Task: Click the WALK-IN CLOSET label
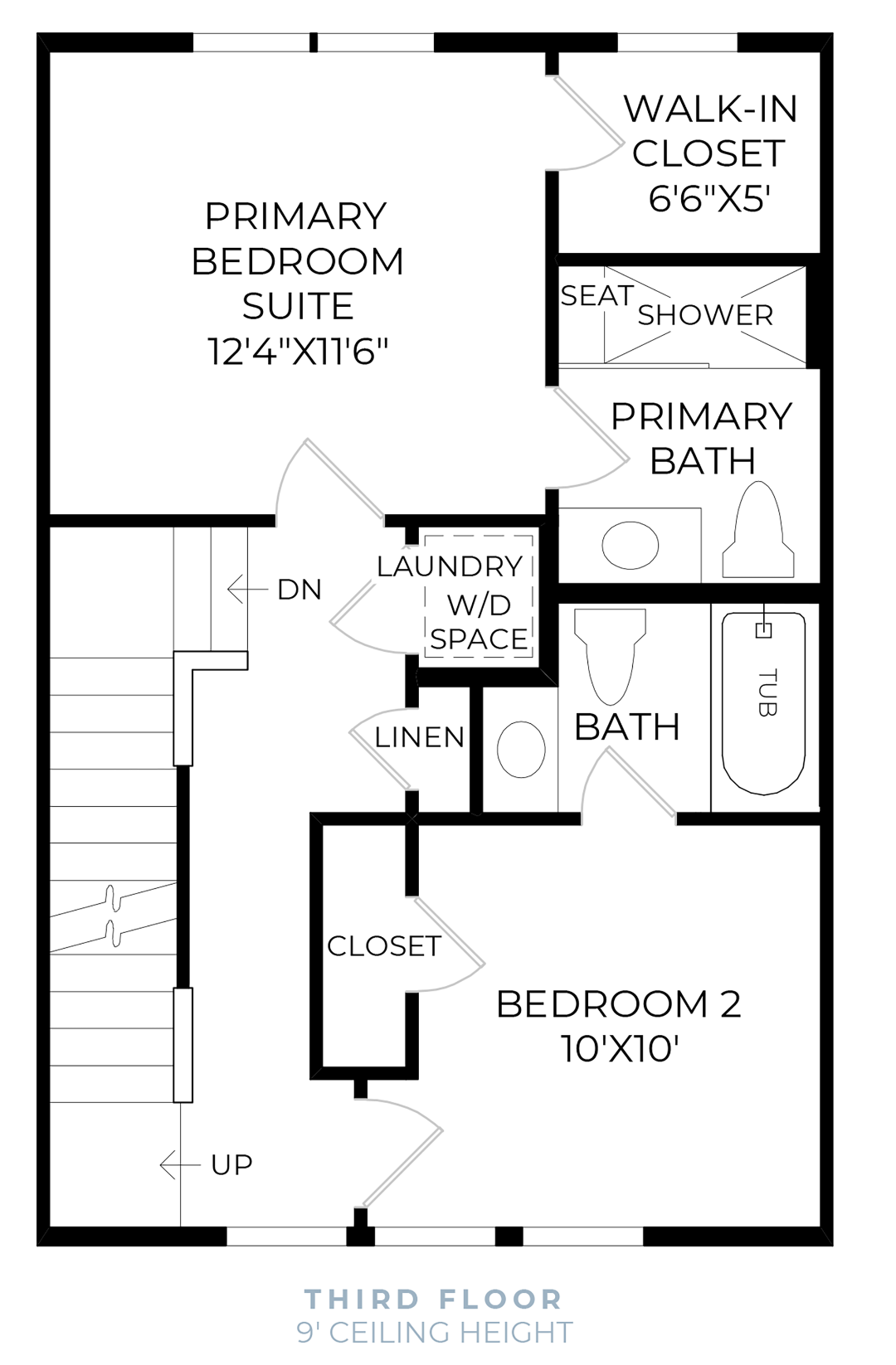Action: click(x=709, y=131)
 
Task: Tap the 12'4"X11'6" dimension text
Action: click(x=298, y=351)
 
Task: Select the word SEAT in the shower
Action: click(x=597, y=295)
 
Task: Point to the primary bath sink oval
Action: click(x=631, y=545)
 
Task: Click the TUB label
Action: click(x=767, y=692)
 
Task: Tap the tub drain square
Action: click(x=763, y=631)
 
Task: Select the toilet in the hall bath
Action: click(x=610, y=655)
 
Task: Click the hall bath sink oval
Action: click(x=521, y=749)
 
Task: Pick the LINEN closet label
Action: click(x=419, y=736)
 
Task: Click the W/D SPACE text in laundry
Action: click(x=479, y=622)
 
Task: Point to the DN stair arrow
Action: click(x=247, y=590)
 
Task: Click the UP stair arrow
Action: click(x=179, y=1164)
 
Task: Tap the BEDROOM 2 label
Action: click(x=618, y=1004)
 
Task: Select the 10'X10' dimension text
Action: click(x=620, y=1049)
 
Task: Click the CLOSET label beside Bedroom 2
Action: click(x=383, y=946)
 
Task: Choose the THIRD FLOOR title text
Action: click(x=434, y=1299)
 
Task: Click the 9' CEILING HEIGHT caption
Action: click(x=435, y=1333)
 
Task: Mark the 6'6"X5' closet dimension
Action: click(x=709, y=198)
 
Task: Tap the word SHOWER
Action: click(x=705, y=315)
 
